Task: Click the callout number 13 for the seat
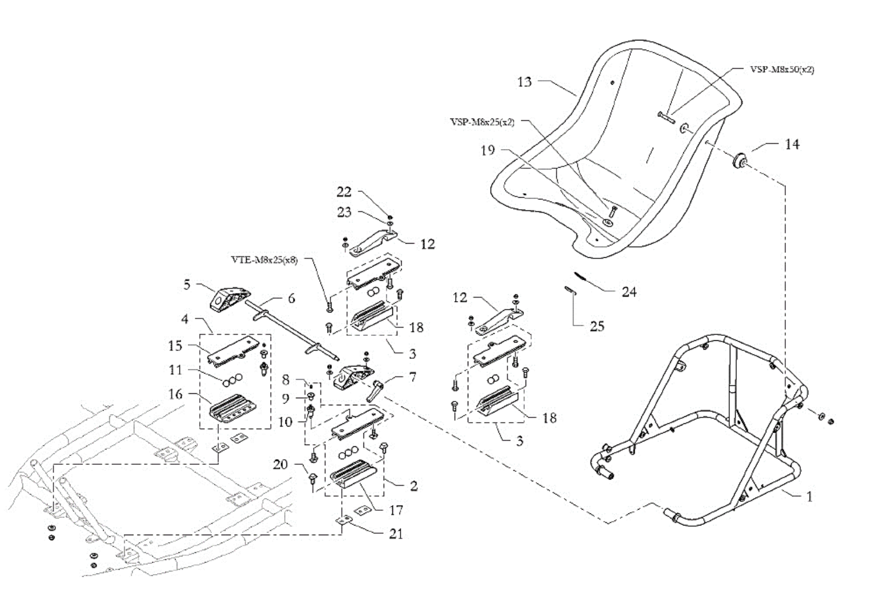pyautogui.click(x=524, y=82)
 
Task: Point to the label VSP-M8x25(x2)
pyautogui.click(x=482, y=122)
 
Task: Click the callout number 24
pyautogui.click(x=629, y=292)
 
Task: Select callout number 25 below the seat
pyautogui.click(x=597, y=326)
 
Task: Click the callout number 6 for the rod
pyautogui.click(x=291, y=298)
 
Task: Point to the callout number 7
pyautogui.click(x=413, y=377)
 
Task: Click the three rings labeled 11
pyautogui.click(x=232, y=377)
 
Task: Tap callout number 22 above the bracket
pyautogui.click(x=344, y=192)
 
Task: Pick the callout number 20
pyautogui.click(x=280, y=464)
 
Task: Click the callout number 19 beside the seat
pyautogui.click(x=487, y=150)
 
